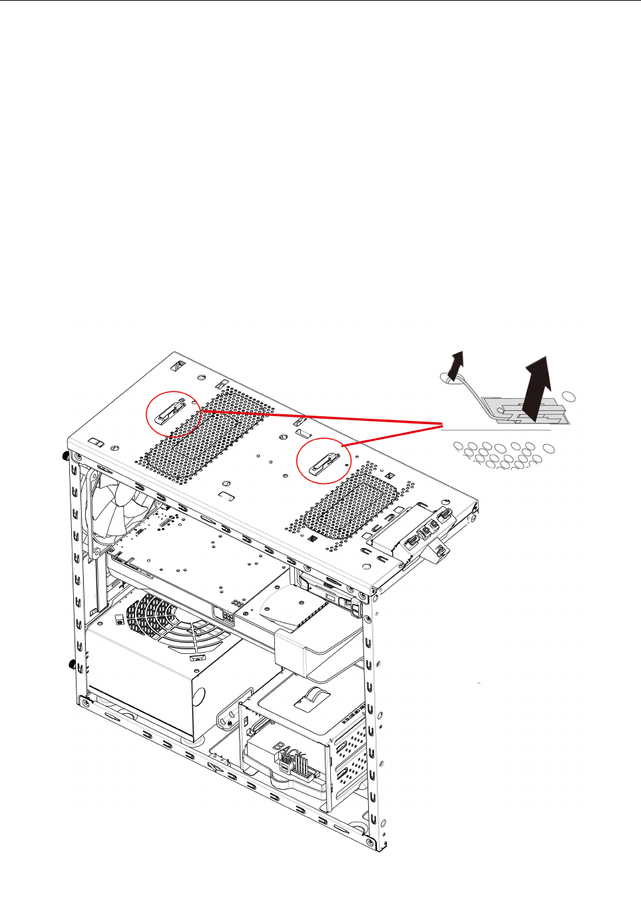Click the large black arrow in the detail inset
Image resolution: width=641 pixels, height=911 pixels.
537,390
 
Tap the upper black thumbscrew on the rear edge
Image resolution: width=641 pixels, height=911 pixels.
65,456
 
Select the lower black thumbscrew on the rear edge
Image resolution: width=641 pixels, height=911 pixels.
70,664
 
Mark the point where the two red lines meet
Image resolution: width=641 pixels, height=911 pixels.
443,424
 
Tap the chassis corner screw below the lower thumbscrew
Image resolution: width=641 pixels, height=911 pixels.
83,701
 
